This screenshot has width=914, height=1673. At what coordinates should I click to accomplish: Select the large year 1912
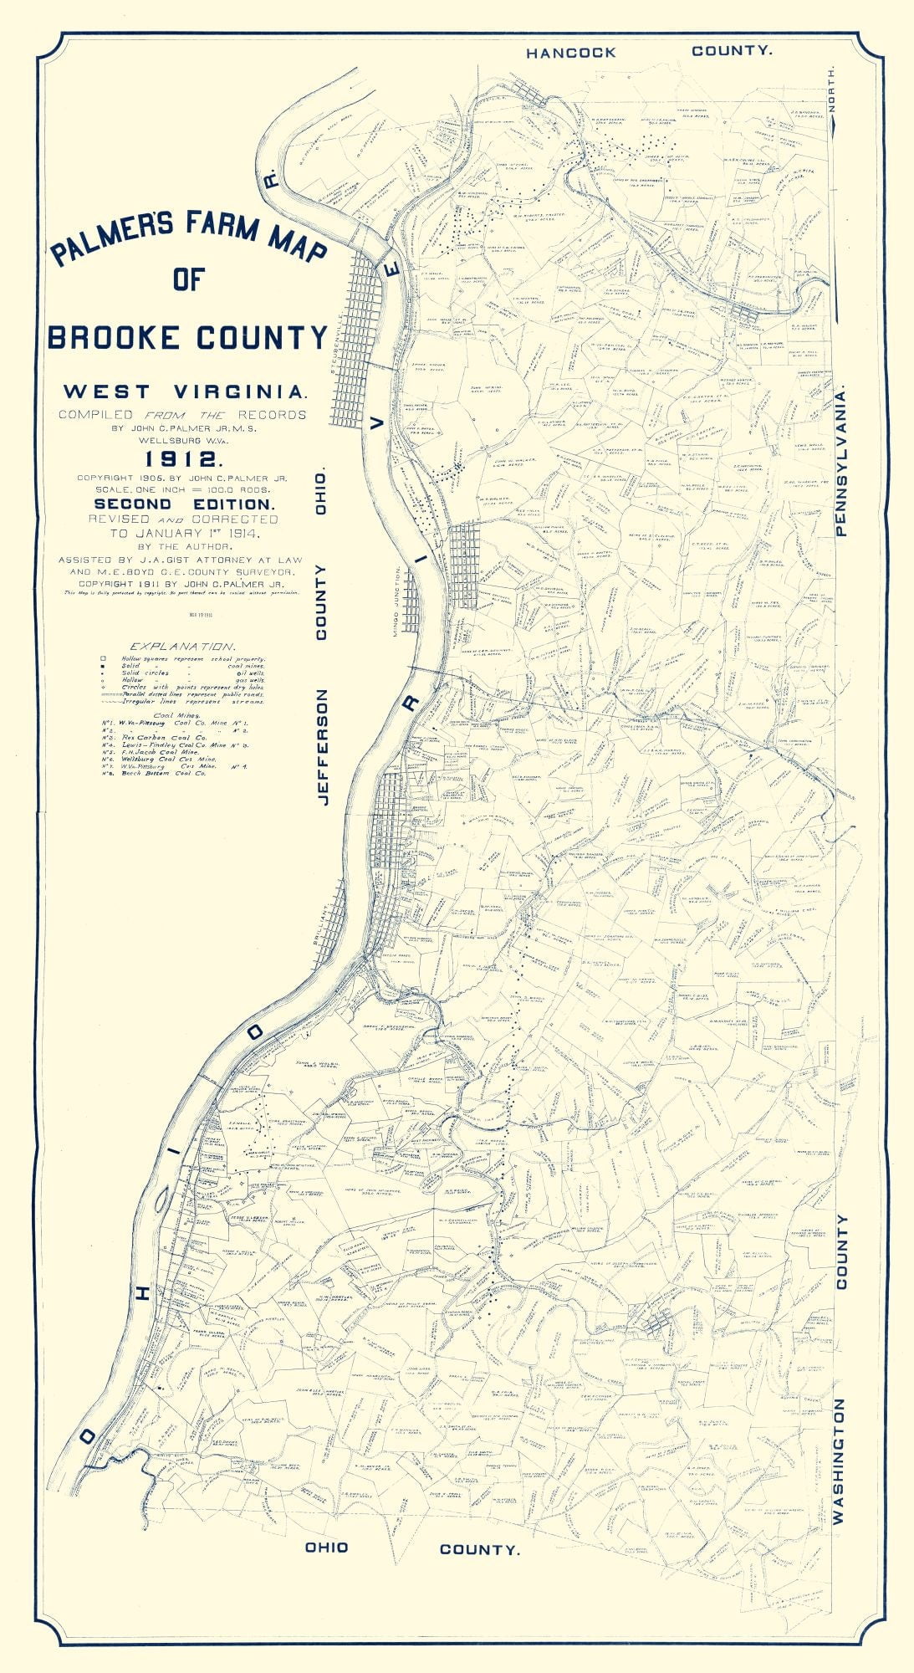[x=182, y=458]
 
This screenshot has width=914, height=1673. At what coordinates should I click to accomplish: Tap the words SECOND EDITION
[x=183, y=504]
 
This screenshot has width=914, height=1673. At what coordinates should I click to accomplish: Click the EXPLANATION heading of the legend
[x=181, y=647]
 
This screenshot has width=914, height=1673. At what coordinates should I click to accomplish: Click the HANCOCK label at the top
[x=570, y=53]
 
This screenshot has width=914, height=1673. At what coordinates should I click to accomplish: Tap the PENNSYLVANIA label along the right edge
[x=841, y=460]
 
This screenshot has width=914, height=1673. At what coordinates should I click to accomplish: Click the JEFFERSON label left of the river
[x=323, y=747]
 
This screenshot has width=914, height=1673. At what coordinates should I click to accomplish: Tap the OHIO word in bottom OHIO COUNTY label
[x=326, y=1548]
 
